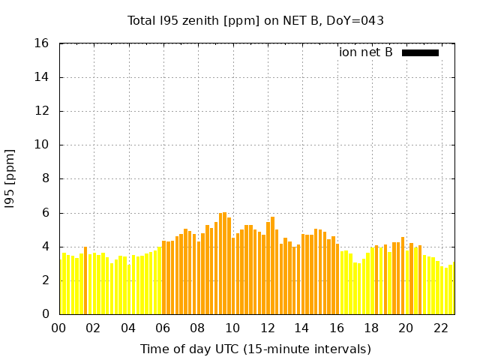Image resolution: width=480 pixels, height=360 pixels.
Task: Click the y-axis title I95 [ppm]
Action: (x=10, y=179)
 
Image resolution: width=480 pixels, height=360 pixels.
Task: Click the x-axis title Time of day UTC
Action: (x=256, y=349)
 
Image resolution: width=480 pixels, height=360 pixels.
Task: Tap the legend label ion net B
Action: (x=365, y=52)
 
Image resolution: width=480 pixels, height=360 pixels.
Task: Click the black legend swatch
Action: (x=420, y=52)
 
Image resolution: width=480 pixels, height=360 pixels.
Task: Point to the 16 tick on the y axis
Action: (x=42, y=43)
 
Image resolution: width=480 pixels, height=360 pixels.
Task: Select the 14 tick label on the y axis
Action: (x=42, y=77)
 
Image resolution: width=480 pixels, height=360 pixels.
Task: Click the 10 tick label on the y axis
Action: (x=42, y=145)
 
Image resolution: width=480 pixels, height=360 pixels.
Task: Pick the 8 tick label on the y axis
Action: (x=45, y=179)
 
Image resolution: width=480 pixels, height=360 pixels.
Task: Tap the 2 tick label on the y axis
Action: (x=45, y=280)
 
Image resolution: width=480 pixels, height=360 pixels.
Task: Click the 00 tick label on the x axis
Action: (x=59, y=328)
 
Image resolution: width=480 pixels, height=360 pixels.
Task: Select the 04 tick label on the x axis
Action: (x=129, y=328)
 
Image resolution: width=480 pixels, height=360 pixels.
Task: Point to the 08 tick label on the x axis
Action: (x=198, y=328)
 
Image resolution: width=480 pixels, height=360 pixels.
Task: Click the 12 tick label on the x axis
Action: (x=268, y=328)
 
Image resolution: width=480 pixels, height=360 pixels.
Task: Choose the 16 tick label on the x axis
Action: (x=337, y=328)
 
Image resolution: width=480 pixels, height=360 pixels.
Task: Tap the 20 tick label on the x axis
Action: (x=406, y=328)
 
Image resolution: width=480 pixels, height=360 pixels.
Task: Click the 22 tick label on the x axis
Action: (x=441, y=328)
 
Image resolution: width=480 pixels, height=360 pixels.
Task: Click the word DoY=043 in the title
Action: (x=358, y=20)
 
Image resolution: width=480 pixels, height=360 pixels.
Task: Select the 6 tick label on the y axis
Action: (x=45, y=213)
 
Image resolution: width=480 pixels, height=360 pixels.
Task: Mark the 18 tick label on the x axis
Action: (x=371, y=328)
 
